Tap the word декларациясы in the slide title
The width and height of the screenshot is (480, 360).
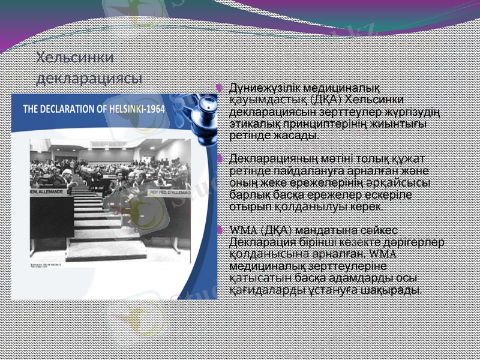[x=89, y=78]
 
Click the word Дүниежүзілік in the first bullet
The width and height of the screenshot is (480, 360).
[x=259, y=88]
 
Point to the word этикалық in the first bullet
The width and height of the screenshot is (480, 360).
[x=253, y=124]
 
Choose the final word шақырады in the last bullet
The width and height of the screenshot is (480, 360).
[x=397, y=290]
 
